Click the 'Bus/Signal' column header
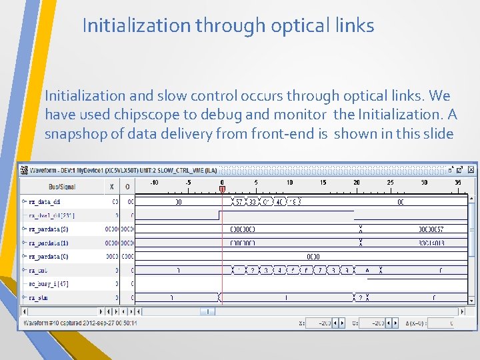tap(63, 187)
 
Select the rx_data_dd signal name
tap(44, 201)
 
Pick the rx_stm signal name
tap(38, 298)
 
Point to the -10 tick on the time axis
tap(154, 182)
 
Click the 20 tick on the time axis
tap(357, 182)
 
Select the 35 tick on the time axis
tap(458, 182)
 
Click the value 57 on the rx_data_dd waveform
tap(239, 201)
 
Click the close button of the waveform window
tap(470, 169)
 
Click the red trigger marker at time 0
tap(222, 189)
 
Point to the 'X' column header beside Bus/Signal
tap(111, 187)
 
